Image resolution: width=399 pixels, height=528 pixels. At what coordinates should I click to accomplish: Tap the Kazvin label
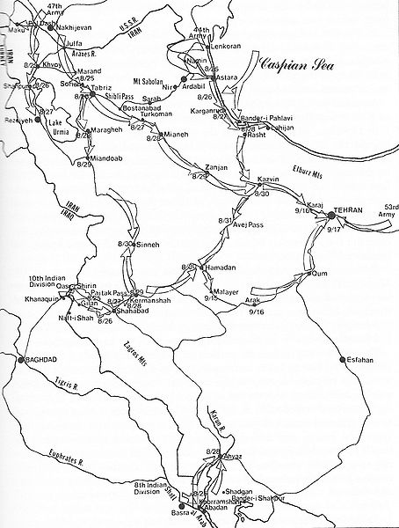tap(267, 180)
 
